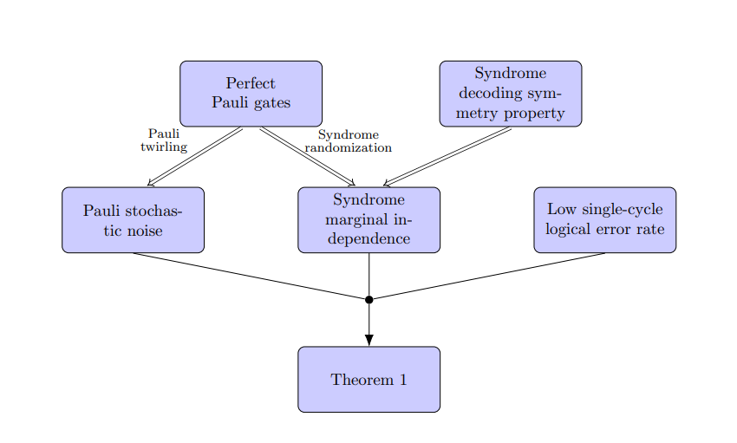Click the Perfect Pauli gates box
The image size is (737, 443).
(x=251, y=94)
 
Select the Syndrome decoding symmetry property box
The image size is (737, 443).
(x=510, y=94)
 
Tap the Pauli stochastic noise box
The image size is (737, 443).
(x=133, y=220)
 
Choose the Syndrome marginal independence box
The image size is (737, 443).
(x=368, y=220)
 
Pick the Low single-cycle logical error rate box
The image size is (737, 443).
(x=604, y=220)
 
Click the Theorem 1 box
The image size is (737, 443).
(x=368, y=380)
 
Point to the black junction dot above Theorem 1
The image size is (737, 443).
(x=368, y=299)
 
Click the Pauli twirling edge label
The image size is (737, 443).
(x=164, y=140)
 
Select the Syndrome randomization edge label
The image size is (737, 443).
(x=348, y=141)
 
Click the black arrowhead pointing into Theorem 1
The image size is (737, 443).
(x=368, y=339)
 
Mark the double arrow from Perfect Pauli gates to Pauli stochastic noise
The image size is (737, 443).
(x=195, y=157)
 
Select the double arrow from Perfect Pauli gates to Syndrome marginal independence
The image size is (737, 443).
(x=307, y=157)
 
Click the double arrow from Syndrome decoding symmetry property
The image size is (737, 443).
(x=447, y=157)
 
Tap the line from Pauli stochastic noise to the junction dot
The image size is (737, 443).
(x=251, y=276)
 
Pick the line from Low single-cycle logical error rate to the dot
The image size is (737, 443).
(x=487, y=276)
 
